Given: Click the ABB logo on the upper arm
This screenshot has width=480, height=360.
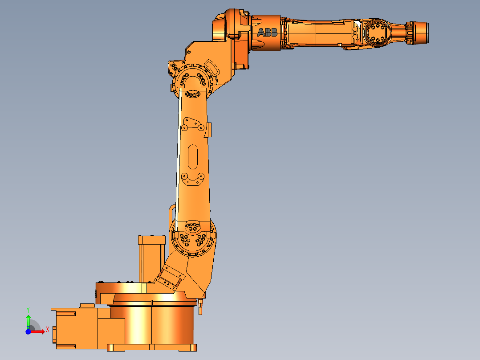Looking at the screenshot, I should [267, 33].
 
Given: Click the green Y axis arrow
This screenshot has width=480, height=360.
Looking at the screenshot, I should [28, 319].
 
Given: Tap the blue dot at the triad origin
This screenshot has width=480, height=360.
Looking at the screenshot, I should [28, 331].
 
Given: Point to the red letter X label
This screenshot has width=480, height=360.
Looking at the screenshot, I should [48, 330].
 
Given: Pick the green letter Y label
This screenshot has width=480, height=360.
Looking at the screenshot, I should [28, 309].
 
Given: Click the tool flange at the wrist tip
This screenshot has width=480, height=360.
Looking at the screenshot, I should [421, 33].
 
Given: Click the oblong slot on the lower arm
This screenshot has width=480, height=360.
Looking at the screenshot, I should [194, 156].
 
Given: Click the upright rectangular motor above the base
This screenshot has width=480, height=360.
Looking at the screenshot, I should [151, 261].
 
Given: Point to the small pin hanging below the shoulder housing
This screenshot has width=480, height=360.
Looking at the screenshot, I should [200, 307].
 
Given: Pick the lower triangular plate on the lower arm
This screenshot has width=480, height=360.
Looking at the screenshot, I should [193, 179].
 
